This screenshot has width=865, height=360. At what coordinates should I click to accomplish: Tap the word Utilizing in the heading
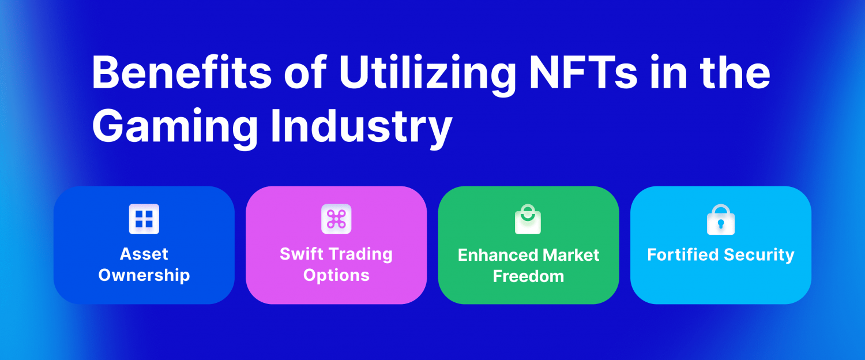click(x=428, y=76)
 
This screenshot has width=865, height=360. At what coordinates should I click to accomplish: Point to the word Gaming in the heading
click(x=175, y=128)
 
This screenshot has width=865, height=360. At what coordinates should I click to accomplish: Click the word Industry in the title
click(x=362, y=128)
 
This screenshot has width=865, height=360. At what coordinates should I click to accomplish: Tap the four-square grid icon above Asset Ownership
click(x=144, y=219)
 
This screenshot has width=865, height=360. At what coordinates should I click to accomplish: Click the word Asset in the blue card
click(x=144, y=254)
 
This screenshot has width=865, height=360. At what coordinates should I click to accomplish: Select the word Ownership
click(x=144, y=276)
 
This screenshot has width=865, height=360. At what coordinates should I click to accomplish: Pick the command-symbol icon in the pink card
click(x=336, y=219)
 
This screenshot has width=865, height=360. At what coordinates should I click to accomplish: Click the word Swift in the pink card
click(x=300, y=254)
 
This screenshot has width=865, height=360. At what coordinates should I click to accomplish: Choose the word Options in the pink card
click(x=336, y=276)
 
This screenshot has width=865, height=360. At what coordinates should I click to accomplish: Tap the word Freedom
click(x=529, y=276)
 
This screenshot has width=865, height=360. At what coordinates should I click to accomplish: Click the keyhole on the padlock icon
click(x=721, y=224)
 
